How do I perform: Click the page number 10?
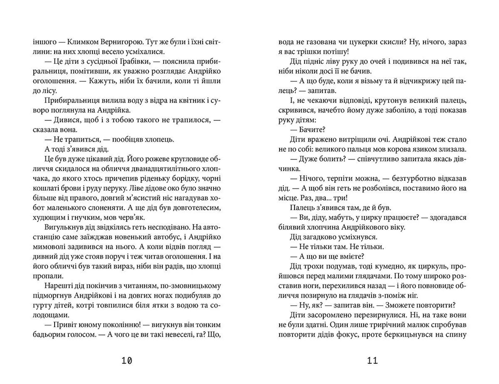(127, 361)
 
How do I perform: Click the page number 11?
(372, 361)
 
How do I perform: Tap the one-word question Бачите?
(312, 130)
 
